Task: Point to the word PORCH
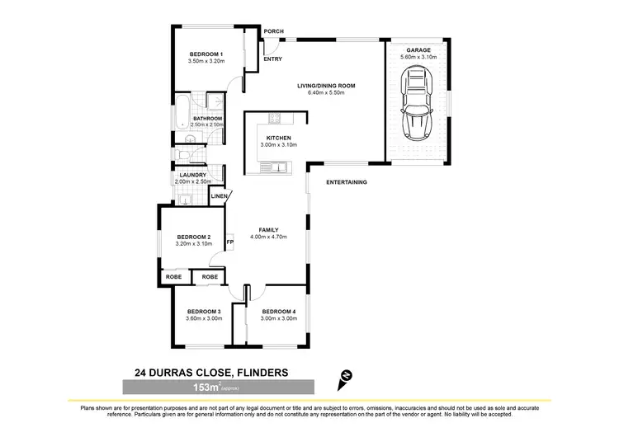pos(273,31)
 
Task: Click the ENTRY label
pos(273,59)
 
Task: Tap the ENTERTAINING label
pos(346,182)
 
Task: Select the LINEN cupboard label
pos(219,196)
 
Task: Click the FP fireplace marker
pos(230,242)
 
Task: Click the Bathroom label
pos(207,118)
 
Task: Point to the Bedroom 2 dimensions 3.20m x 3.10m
pos(193,244)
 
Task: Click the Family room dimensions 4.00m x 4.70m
pos(268,237)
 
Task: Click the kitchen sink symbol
pos(274,168)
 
